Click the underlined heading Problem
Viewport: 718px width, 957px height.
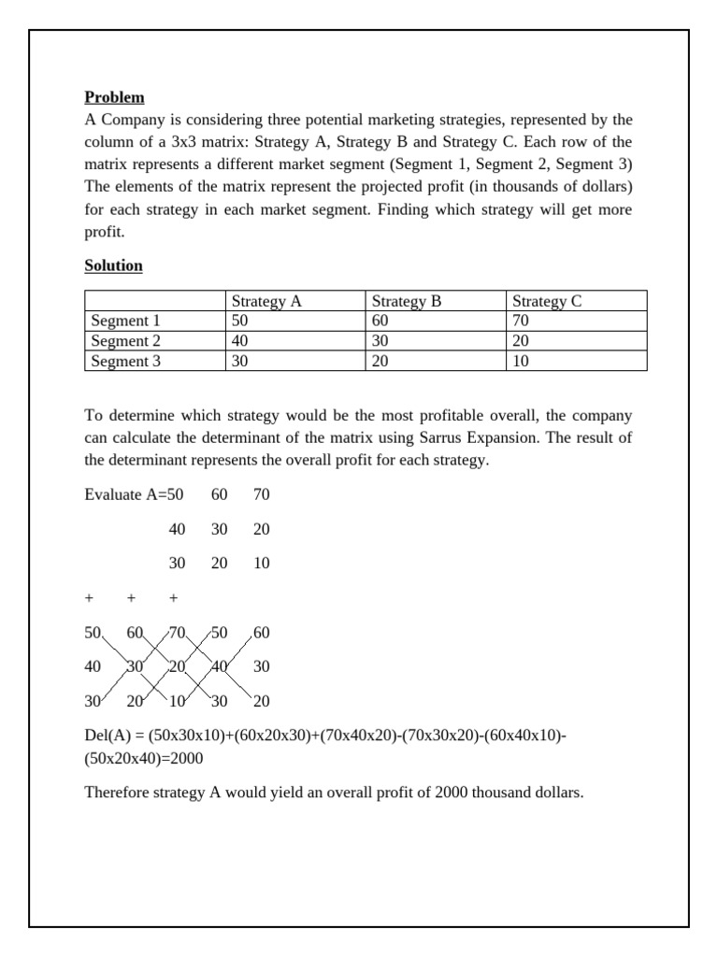click(114, 97)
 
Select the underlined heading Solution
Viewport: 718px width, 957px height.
click(113, 265)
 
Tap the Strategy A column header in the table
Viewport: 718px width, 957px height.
click(266, 301)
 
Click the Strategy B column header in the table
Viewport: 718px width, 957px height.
click(407, 301)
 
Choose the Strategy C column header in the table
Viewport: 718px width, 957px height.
click(548, 301)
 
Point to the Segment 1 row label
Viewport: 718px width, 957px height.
click(125, 321)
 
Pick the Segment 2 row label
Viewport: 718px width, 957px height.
click(125, 341)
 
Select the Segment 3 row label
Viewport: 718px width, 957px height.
click(125, 361)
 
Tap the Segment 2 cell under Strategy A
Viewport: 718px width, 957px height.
click(240, 341)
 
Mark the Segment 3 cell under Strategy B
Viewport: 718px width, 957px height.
click(381, 361)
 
